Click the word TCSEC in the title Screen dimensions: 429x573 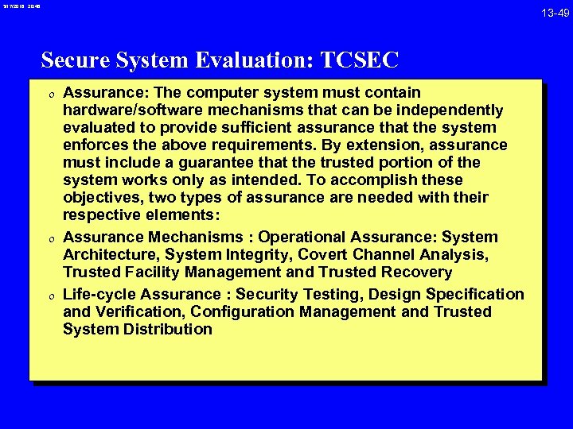click(x=359, y=60)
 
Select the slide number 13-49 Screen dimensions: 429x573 click(x=555, y=13)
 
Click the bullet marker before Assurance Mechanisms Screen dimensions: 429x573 click(x=50, y=238)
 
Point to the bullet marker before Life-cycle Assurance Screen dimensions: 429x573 click(x=50, y=295)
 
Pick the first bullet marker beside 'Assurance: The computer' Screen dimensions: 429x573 click(x=50, y=93)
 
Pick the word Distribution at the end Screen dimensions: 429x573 click(x=168, y=329)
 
